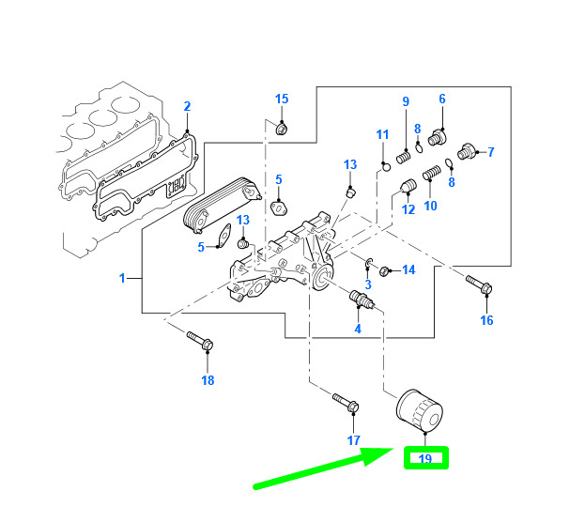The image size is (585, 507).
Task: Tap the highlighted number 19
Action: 425,459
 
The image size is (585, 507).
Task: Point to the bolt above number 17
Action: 345,405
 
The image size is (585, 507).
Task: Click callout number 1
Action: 121,278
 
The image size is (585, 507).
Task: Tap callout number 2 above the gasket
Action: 187,106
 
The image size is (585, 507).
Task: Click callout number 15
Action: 282,99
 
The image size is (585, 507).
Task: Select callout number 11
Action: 382,135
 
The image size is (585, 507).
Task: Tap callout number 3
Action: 368,284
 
